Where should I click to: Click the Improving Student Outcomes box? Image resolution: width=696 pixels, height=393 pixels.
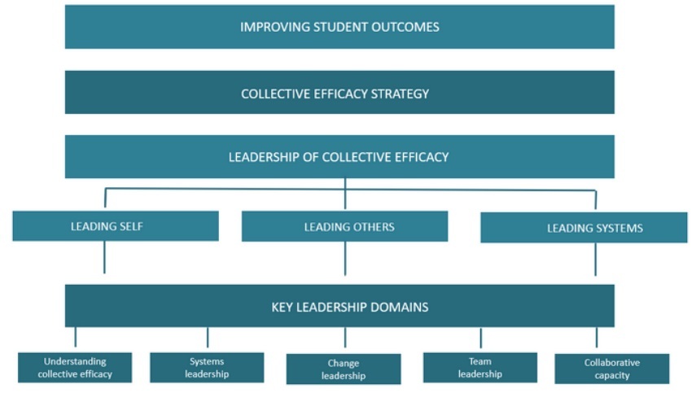point(339,27)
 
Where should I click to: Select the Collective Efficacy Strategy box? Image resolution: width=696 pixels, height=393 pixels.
point(339,92)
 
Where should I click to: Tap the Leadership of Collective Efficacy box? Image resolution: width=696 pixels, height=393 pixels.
point(339,156)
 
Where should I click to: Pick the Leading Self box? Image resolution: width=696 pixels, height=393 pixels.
point(116,226)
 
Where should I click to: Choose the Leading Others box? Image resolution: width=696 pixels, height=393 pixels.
point(344,227)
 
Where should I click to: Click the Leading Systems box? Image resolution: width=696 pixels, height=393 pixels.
point(584,228)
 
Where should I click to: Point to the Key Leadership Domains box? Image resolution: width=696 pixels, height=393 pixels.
point(339,306)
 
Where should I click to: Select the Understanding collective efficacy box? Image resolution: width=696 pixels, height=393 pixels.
point(75,368)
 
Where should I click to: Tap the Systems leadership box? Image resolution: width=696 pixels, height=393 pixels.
point(207,368)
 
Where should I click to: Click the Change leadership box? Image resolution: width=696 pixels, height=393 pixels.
point(344,369)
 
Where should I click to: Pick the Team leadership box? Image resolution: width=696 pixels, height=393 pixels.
point(480,368)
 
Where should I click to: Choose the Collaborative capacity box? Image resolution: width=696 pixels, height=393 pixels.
point(612,369)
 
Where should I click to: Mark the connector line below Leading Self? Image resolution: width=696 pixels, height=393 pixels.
point(104,257)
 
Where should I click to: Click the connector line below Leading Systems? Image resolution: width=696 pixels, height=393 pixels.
point(595,260)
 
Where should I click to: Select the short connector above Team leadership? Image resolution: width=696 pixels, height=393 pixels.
point(481,338)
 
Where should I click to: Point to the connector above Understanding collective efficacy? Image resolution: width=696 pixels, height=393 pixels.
point(76,337)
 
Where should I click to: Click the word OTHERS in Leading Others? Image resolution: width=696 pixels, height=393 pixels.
point(371,227)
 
